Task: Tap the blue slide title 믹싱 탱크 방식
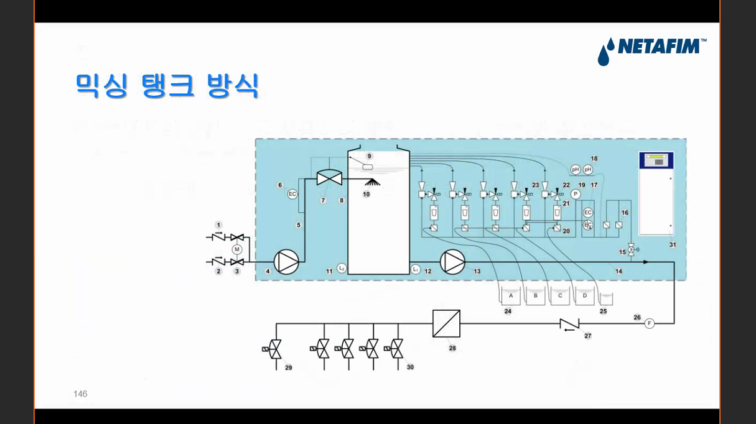pos(167,85)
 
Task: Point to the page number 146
pos(80,394)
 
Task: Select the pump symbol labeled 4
pos(287,262)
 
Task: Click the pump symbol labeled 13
pos(452,262)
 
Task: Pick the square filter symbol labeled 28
pos(446,323)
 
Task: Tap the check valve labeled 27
pos(569,324)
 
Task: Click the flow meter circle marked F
pos(650,323)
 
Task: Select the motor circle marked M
pos(236,249)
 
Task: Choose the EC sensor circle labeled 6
pos(292,194)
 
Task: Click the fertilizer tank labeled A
pos(511,296)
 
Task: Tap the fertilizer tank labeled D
pos(584,296)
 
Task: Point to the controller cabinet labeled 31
pos(656,193)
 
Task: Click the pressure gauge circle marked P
pos(576,194)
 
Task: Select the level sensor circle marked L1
pos(416,269)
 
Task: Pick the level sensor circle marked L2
pos(341,269)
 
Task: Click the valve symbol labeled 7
pos(329,178)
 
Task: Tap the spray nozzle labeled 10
pos(373,183)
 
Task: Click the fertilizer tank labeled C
pos(560,296)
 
